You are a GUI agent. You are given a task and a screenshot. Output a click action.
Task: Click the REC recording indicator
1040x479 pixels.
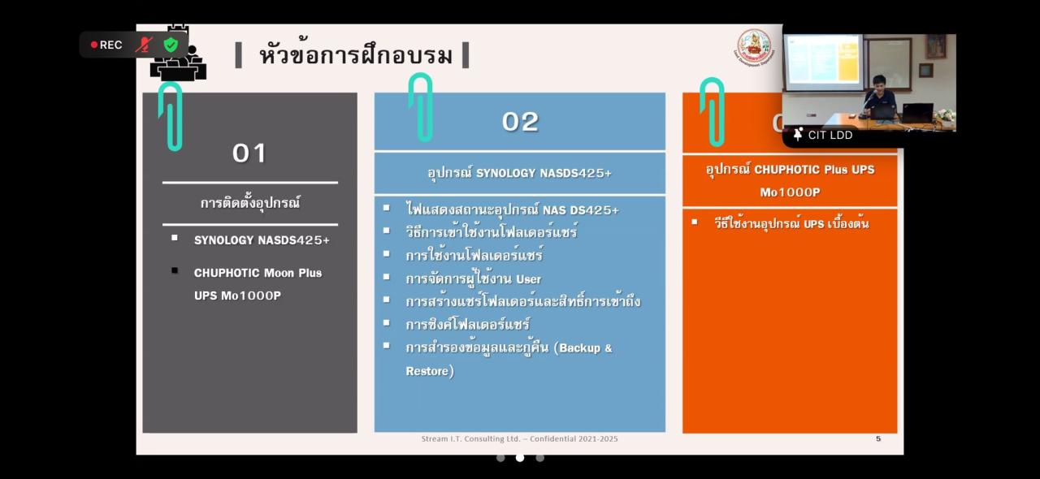pos(106,45)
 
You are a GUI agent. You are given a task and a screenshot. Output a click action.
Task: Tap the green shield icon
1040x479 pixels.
pos(171,45)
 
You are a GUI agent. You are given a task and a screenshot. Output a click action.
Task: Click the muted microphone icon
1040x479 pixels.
pos(144,45)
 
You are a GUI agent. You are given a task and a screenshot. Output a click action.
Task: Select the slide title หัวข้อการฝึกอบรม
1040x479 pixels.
pos(355,55)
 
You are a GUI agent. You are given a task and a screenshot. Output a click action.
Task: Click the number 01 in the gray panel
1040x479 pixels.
pos(249,153)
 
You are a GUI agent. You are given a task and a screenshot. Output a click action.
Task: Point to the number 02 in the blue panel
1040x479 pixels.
pos(520,122)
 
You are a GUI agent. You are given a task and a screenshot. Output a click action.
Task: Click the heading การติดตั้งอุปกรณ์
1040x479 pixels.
pos(250,203)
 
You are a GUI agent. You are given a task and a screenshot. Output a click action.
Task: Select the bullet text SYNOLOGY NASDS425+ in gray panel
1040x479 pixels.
pos(262,240)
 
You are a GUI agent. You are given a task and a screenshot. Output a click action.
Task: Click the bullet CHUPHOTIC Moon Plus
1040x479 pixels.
pos(258,273)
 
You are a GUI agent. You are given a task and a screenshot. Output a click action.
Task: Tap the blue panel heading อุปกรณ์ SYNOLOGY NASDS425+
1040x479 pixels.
pos(519,173)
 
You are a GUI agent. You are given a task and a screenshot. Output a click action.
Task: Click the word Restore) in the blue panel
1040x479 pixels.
pos(430,371)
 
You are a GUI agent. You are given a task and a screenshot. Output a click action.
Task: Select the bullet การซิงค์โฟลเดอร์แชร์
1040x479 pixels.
pos(468,325)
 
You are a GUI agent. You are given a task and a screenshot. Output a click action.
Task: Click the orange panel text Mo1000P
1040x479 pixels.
pos(790,192)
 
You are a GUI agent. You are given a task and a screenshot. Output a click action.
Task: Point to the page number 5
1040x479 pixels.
pos(878,439)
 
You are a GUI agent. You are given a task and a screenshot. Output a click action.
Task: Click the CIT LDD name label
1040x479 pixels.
pos(830,135)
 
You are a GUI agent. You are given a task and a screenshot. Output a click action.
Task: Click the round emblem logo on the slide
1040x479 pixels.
pos(753,45)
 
